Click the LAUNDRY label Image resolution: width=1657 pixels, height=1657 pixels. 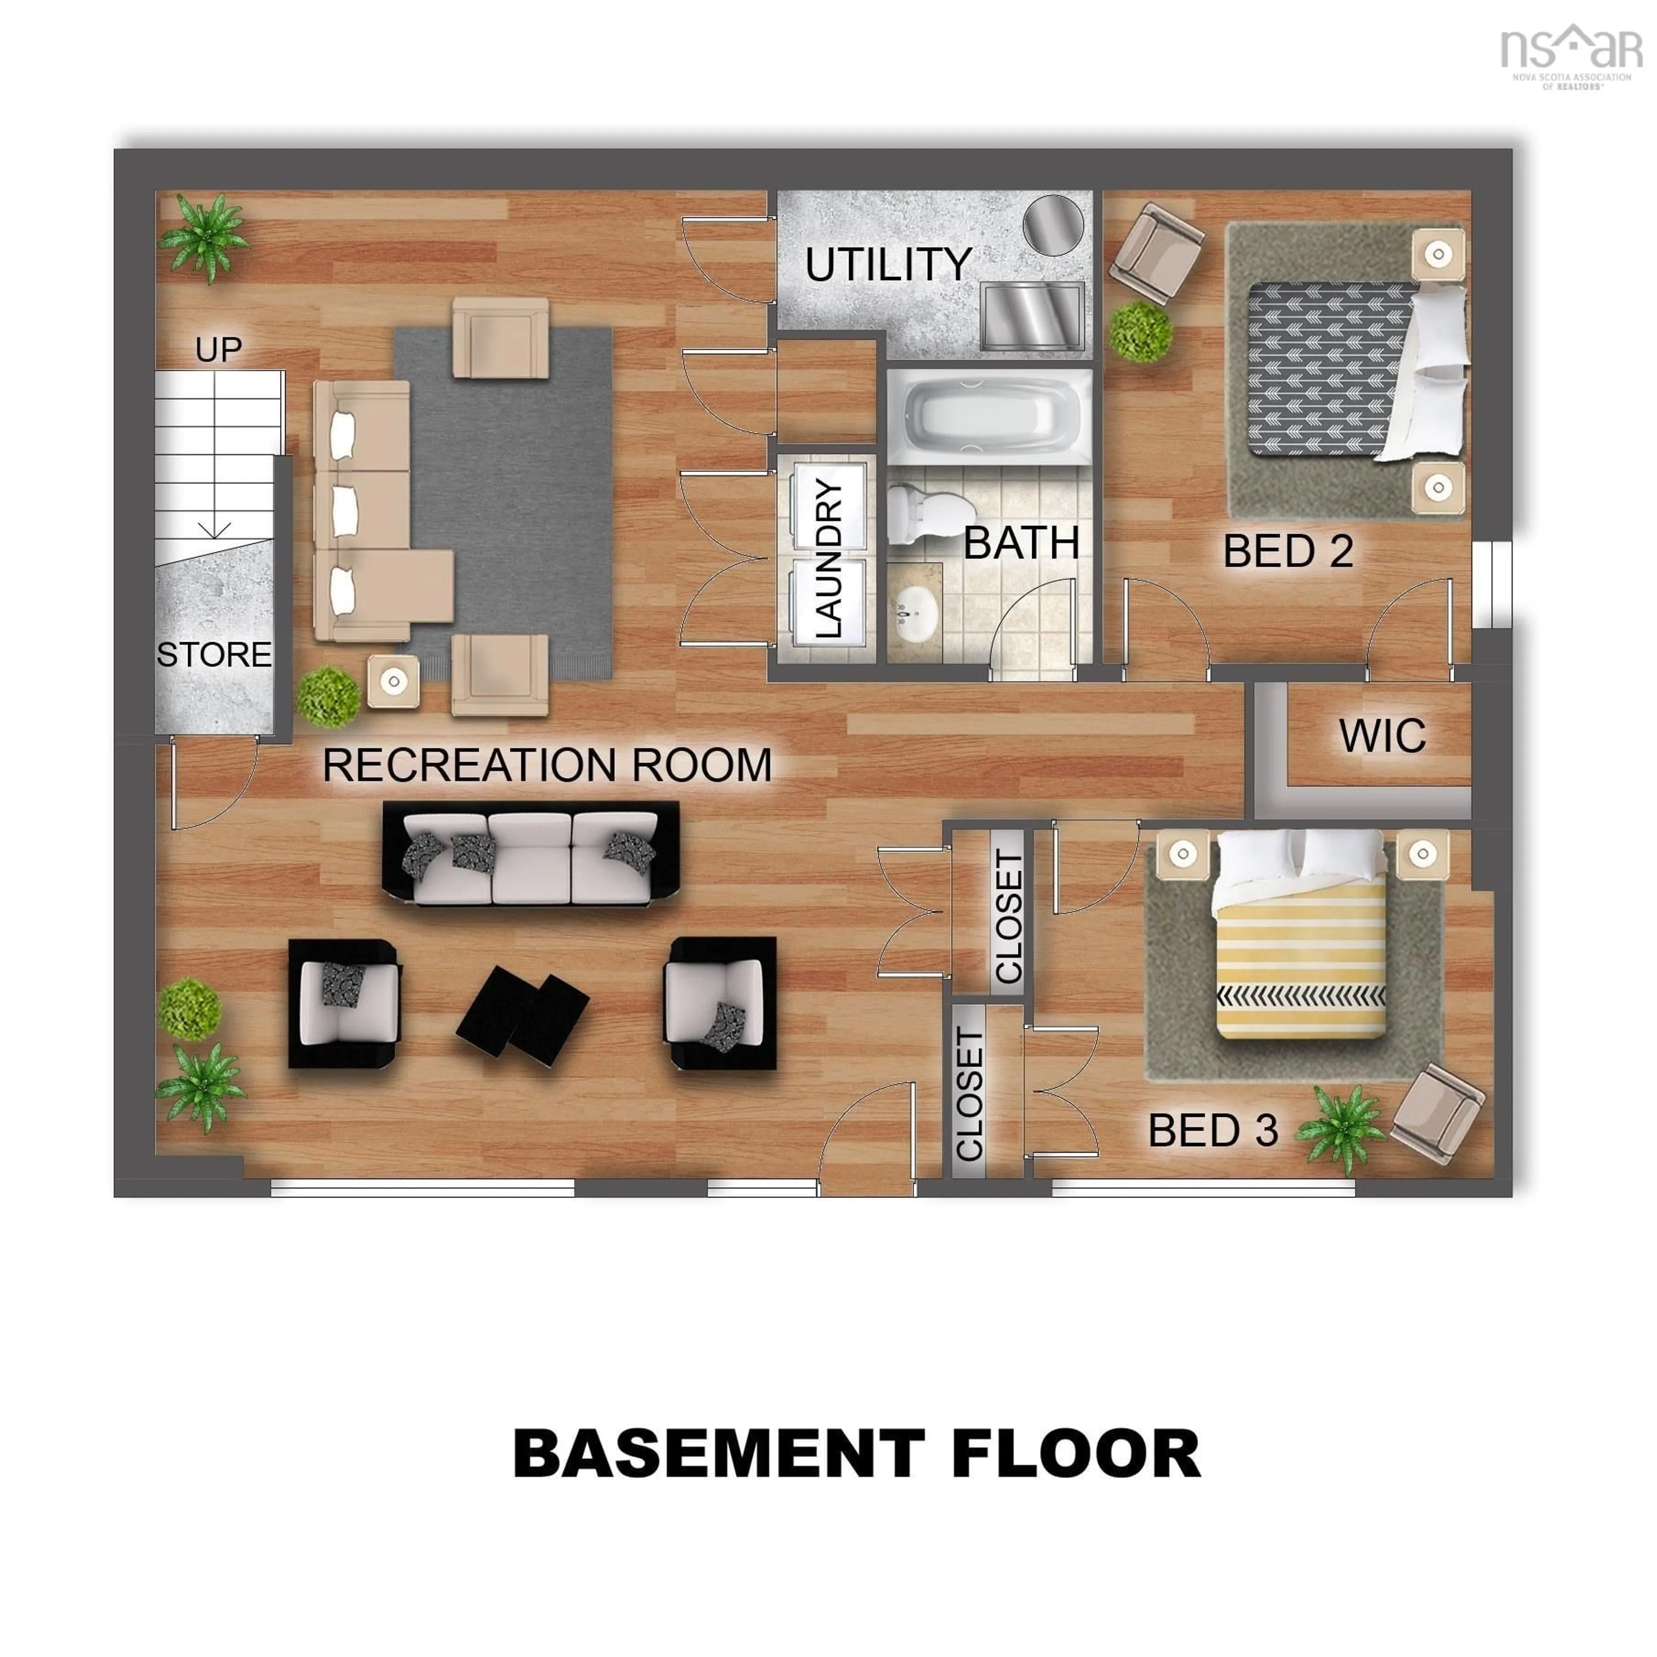[828, 558]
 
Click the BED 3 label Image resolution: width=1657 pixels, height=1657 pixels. [1213, 1131]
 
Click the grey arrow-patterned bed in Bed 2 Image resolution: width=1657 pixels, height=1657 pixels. [1338, 369]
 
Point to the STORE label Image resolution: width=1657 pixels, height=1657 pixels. [214, 655]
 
